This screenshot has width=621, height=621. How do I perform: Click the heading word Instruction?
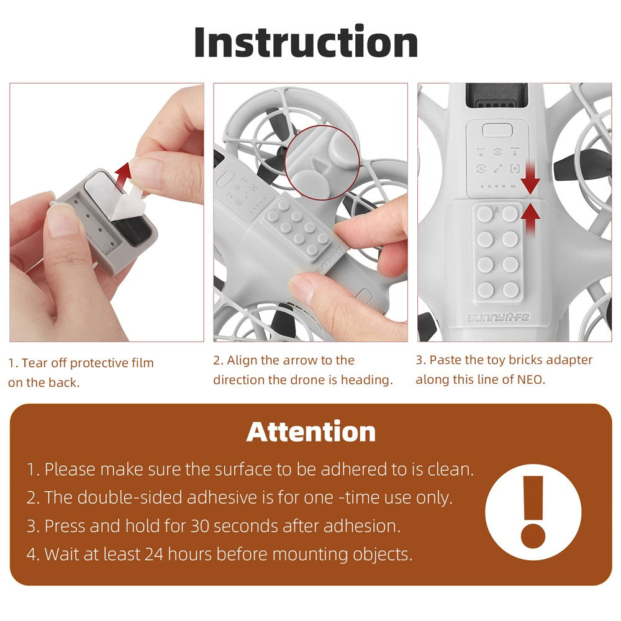[306, 42]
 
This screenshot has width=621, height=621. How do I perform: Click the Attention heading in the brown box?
[311, 432]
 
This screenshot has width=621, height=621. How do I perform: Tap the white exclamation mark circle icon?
[533, 512]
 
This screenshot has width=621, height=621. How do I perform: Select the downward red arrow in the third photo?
[530, 178]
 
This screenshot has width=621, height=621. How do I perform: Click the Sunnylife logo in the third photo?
[498, 317]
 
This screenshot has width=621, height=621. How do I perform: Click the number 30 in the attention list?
[199, 526]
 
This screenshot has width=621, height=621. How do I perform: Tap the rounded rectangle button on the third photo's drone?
[497, 130]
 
